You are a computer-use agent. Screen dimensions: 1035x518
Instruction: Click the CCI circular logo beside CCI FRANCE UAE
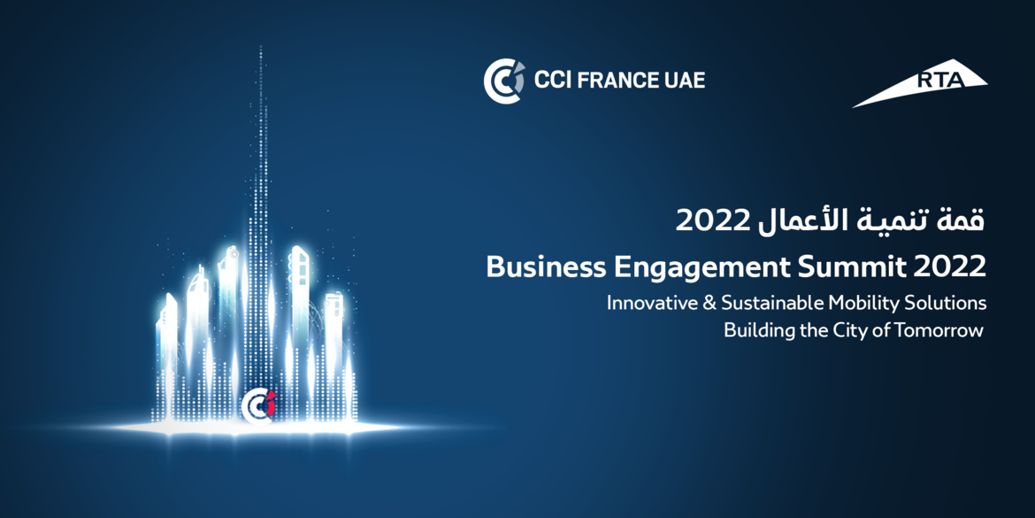[x=504, y=81]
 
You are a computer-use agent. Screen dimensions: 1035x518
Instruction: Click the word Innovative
[x=648, y=303]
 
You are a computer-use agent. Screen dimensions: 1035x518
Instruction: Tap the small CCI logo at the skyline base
[x=258, y=406]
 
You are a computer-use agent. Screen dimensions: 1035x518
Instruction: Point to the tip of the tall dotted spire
[x=261, y=46]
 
